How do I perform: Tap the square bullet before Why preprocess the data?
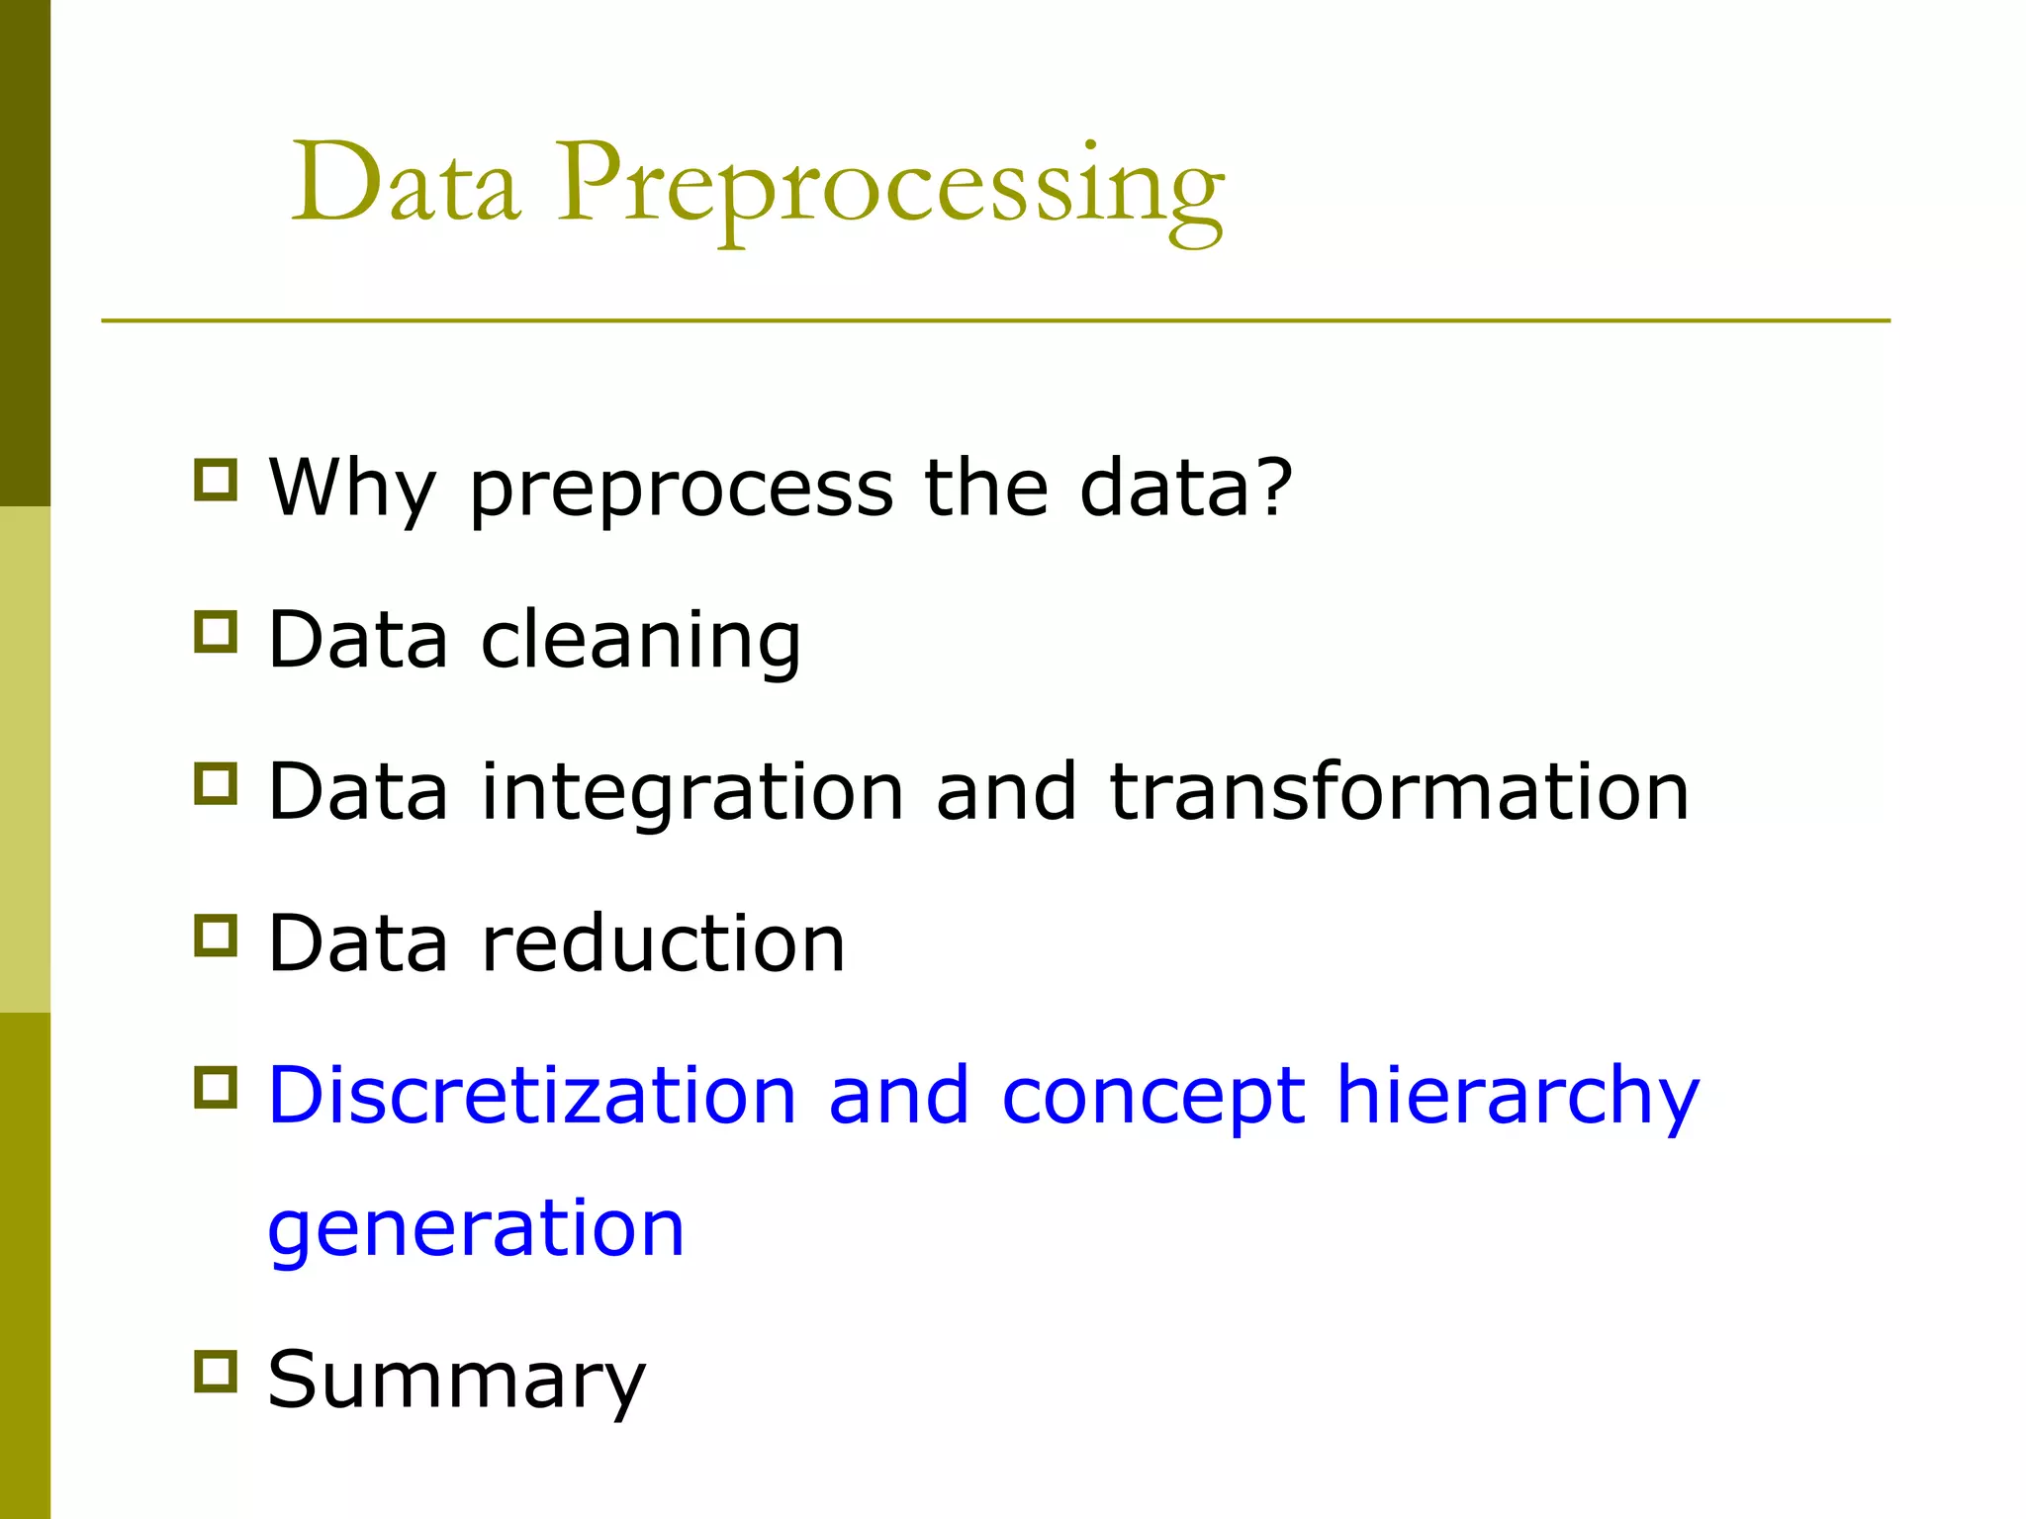[x=216, y=480]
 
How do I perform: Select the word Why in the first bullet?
[x=351, y=488]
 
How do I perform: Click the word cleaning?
[x=641, y=641]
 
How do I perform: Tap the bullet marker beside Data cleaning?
[x=216, y=632]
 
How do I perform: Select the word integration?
[x=692, y=793]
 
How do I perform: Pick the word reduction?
[x=663, y=943]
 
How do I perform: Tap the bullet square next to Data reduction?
[x=216, y=936]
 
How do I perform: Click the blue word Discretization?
[x=532, y=1095]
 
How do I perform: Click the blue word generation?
[x=476, y=1230]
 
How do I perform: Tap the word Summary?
[x=456, y=1381]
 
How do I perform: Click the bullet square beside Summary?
[x=216, y=1372]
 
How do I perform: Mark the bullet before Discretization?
[x=216, y=1087]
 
